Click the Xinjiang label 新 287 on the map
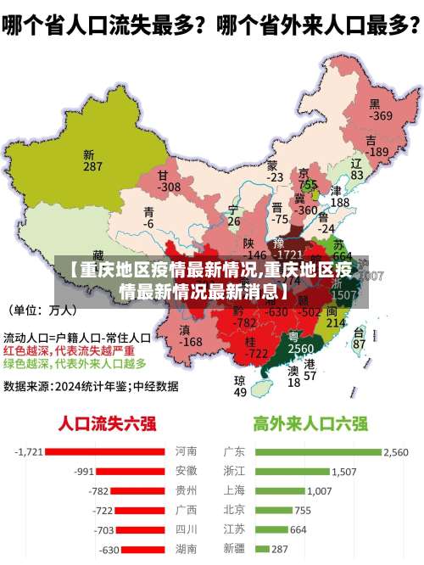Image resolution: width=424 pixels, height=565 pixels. [x=92, y=161]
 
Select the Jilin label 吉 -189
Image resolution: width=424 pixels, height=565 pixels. [x=376, y=145]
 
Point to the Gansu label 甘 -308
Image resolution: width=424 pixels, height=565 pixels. [x=169, y=181]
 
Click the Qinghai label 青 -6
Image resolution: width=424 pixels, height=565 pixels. [x=149, y=217]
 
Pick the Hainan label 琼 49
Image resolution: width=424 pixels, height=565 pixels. [x=240, y=386]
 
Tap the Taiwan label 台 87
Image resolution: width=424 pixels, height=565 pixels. [x=359, y=338]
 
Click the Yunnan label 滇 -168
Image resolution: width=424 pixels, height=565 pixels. [x=191, y=336]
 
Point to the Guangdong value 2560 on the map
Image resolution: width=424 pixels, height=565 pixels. [x=300, y=349]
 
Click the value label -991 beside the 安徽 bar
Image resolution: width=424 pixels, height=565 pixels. [x=84, y=471]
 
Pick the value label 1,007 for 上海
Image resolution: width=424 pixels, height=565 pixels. [x=319, y=490]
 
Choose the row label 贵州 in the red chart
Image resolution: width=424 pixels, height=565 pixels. [x=186, y=490]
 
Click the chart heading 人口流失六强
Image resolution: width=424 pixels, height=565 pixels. [x=108, y=422]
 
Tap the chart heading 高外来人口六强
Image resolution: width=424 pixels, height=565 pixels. [x=310, y=422]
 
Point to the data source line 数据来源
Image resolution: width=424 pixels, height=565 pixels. [x=91, y=386]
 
